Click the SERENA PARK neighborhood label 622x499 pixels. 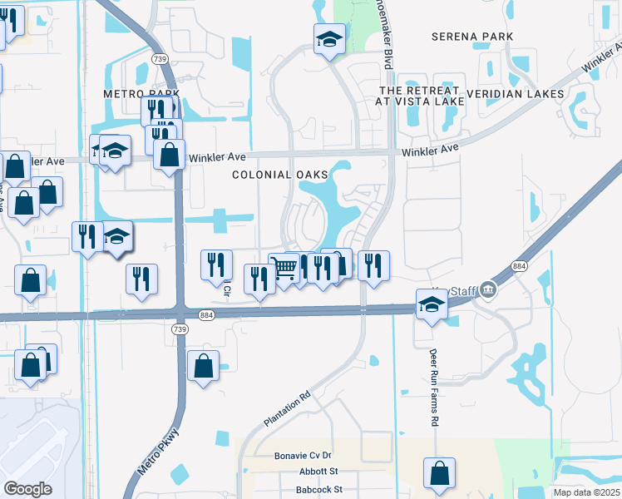coord(472,37)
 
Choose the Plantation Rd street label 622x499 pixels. coord(287,409)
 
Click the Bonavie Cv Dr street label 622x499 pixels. coord(303,456)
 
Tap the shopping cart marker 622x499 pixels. coord(284,268)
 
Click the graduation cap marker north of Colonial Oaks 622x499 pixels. coord(329,38)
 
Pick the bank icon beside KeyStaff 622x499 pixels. coord(488,290)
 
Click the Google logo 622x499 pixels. coord(27,489)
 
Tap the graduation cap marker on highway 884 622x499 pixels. coord(432,305)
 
